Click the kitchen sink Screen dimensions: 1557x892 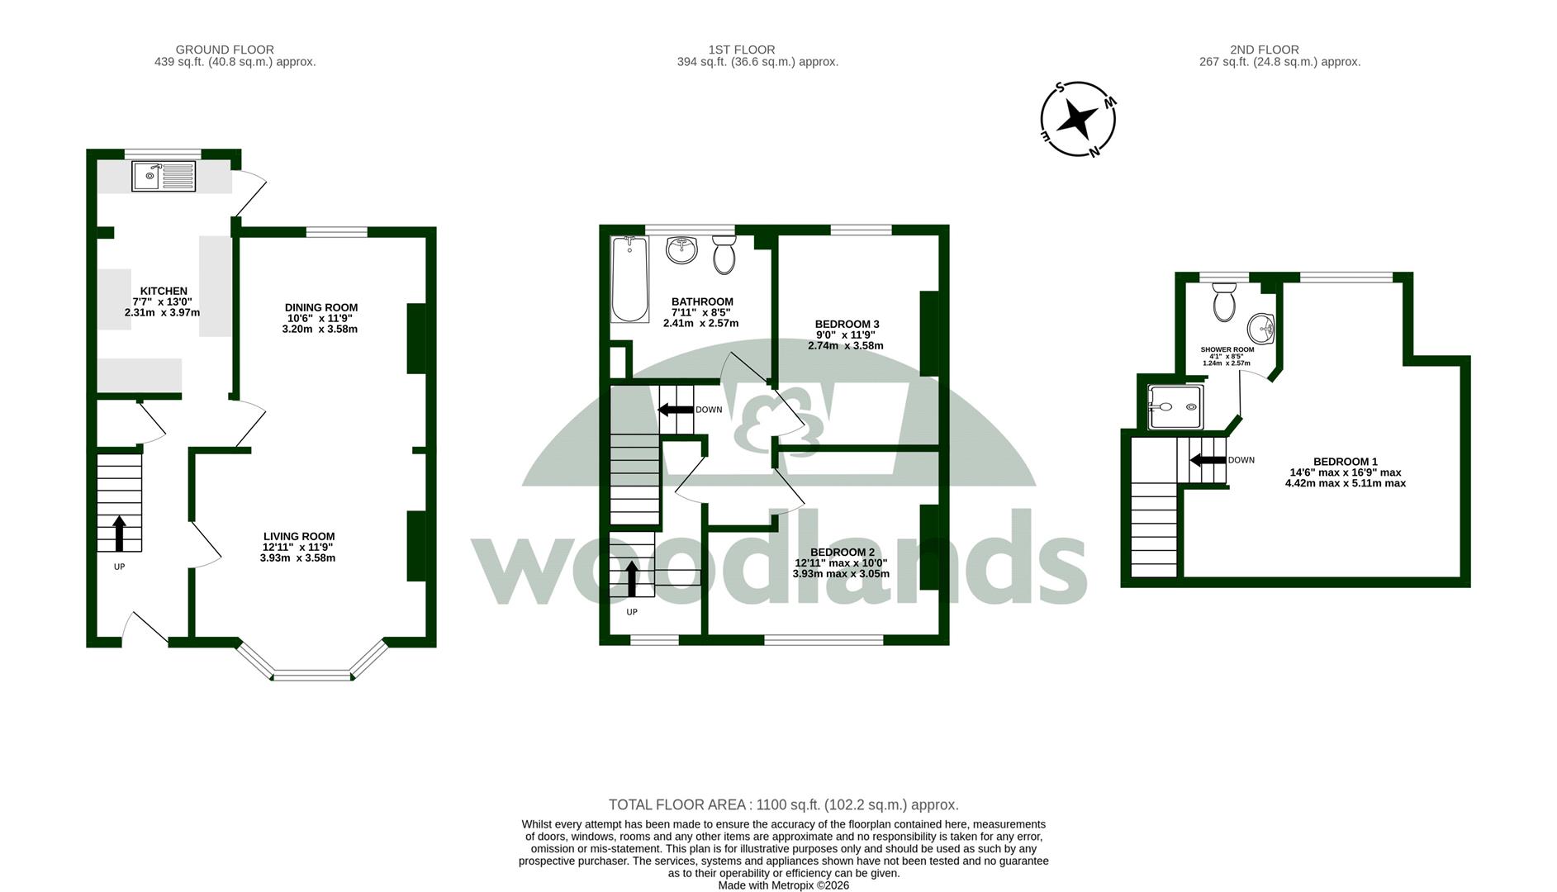(164, 177)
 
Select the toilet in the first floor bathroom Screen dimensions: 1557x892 (724, 254)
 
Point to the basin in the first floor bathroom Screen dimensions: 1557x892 (682, 250)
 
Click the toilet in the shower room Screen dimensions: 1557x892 (1224, 302)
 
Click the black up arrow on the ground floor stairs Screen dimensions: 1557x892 (119, 533)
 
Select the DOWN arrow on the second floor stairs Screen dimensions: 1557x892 (1207, 460)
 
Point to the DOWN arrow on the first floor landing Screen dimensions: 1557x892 (676, 409)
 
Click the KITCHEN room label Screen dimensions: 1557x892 (164, 291)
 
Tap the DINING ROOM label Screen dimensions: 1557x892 (321, 307)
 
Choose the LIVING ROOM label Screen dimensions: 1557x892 (299, 536)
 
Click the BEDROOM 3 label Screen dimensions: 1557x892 (847, 324)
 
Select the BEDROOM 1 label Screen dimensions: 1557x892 (1346, 462)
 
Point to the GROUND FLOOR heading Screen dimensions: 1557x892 (225, 50)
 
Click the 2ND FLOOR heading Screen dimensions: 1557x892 (1265, 50)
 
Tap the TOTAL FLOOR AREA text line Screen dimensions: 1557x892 (784, 804)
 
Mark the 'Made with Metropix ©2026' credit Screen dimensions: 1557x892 (784, 885)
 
